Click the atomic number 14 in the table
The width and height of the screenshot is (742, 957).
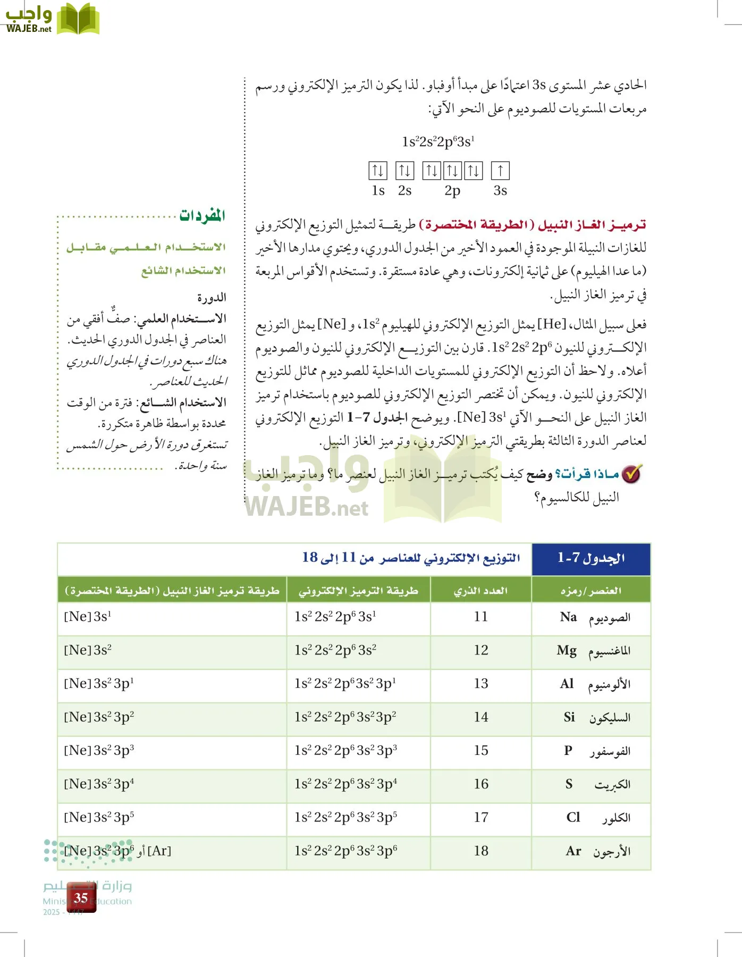pyautogui.click(x=481, y=717)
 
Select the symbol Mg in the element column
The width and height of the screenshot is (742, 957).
pyautogui.click(x=567, y=651)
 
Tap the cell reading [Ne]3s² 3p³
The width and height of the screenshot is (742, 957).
pyautogui.click(x=99, y=751)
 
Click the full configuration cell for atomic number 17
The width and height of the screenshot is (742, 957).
pyautogui.click(x=346, y=818)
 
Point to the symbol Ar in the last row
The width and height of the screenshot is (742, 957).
pyautogui.click(x=574, y=851)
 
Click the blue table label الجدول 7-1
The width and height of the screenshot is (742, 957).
pyautogui.click(x=591, y=558)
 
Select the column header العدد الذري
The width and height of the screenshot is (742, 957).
pyautogui.click(x=480, y=591)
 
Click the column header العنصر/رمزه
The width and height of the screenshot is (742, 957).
pyautogui.click(x=591, y=591)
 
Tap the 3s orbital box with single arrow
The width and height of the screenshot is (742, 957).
pyautogui.click(x=500, y=171)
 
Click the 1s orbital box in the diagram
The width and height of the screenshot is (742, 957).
pyautogui.click(x=378, y=171)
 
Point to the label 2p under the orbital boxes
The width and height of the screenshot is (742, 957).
pyautogui.click(x=452, y=191)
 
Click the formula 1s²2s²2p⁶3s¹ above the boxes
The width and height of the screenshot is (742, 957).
pyautogui.click(x=438, y=142)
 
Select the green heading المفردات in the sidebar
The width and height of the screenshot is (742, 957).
pyautogui.click(x=202, y=215)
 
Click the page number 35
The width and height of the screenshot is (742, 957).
pyautogui.click(x=81, y=898)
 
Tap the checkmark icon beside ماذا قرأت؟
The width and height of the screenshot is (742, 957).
pyautogui.click(x=632, y=473)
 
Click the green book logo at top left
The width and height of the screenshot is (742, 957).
pyautogui.click(x=78, y=20)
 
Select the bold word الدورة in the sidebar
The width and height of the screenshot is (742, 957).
pyautogui.click(x=212, y=297)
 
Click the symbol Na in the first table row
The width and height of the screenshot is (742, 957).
pyautogui.click(x=568, y=617)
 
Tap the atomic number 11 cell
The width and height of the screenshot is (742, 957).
pyautogui.click(x=481, y=617)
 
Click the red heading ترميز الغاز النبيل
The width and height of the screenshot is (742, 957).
pyautogui.click(x=592, y=225)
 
